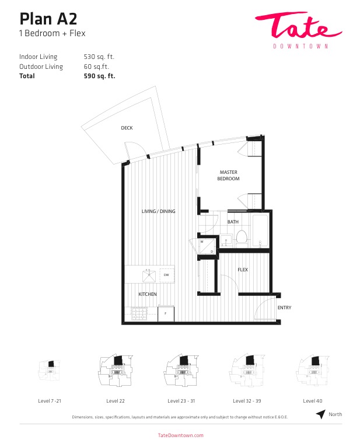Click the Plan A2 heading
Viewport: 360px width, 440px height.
click(48, 19)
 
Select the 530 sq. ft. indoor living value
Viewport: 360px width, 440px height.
click(99, 57)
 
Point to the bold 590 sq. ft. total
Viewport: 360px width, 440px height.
click(100, 76)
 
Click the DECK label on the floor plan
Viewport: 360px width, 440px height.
click(127, 128)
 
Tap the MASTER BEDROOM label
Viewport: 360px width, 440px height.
click(228, 176)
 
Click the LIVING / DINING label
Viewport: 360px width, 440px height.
click(158, 211)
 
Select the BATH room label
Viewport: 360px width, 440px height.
click(233, 222)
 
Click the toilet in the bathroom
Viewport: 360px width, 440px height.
click(242, 238)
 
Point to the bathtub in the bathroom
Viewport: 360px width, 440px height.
click(260, 231)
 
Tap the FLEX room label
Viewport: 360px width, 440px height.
click(243, 270)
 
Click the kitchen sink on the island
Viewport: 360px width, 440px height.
click(149, 275)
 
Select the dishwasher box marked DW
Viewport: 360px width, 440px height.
click(167, 275)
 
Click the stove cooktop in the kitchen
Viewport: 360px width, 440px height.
click(139, 313)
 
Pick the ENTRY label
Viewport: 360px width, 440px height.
click(285, 308)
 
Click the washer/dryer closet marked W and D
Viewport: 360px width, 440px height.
click(207, 246)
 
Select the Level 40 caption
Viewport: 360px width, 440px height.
click(313, 401)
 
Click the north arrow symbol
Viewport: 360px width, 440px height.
click(321, 414)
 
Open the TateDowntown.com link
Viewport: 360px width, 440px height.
click(181, 435)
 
